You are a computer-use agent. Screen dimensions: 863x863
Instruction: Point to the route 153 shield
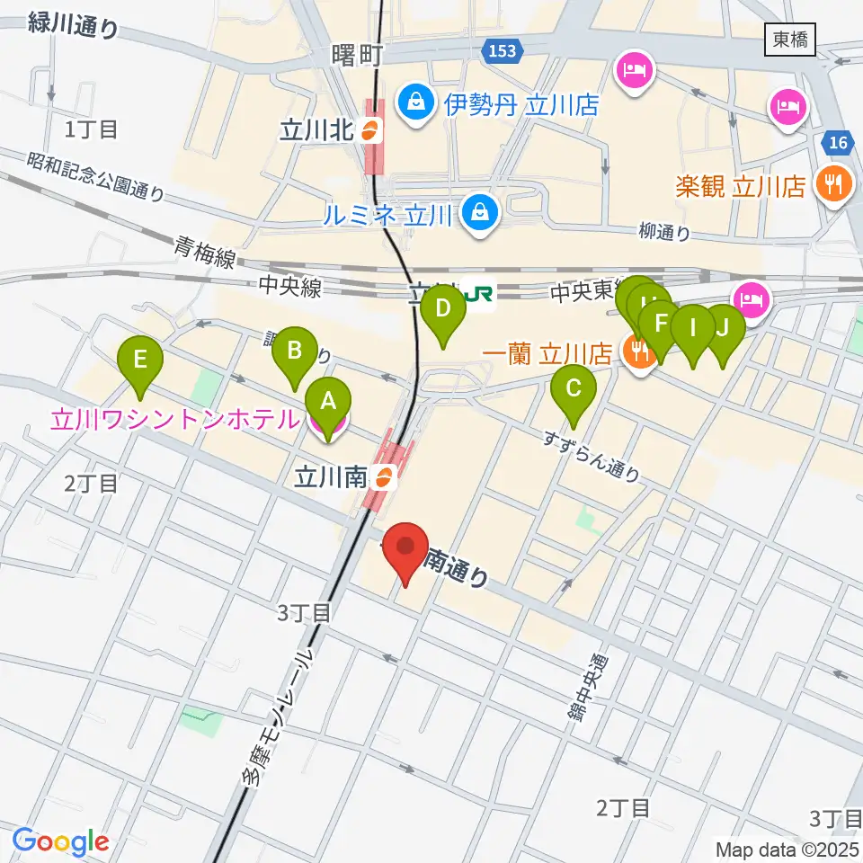point(503,51)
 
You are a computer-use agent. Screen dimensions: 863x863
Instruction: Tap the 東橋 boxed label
point(790,39)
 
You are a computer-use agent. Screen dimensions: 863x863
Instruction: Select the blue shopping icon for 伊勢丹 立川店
point(416,101)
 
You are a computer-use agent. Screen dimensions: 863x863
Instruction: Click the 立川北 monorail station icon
point(369,131)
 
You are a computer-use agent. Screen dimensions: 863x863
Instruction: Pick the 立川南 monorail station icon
point(383,477)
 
